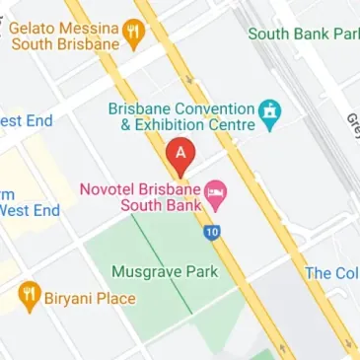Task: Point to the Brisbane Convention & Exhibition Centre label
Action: [x=181, y=116]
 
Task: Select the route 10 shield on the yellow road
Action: [x=212, y=233]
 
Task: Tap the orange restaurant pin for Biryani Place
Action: [x=31, y=295]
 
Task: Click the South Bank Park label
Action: [x=303, y=34]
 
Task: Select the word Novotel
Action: [x=105, y=187]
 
